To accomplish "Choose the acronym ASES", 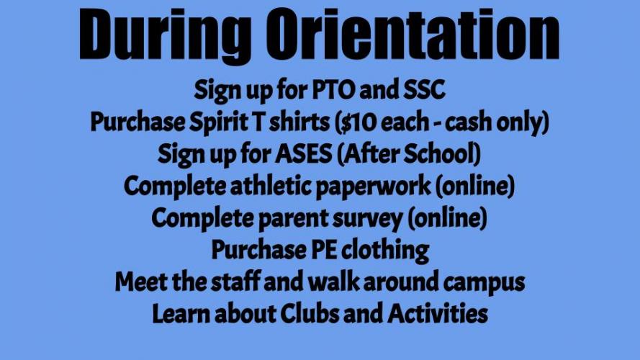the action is (x=303, y=154).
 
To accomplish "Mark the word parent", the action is (x=293, y=219).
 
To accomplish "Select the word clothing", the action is (x=385, y=251).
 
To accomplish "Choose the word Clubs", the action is (x=309, y=313).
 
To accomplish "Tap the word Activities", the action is (x=438, y=313).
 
